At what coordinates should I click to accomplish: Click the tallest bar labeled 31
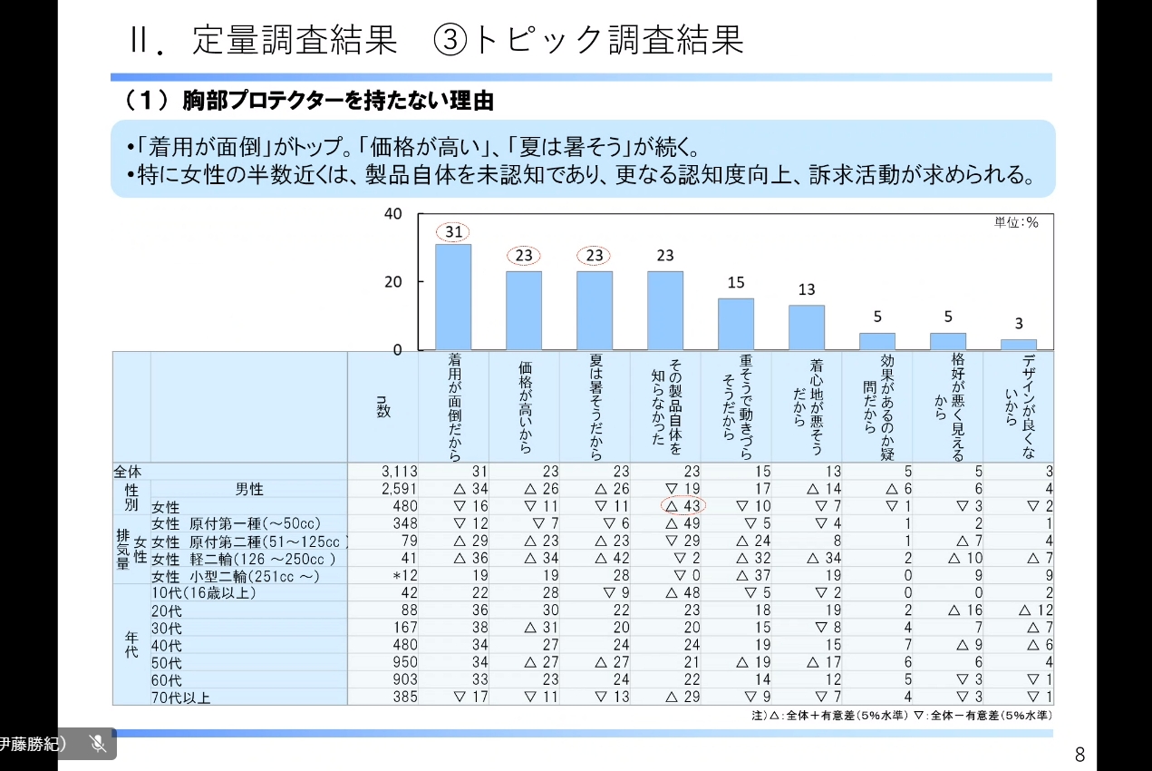pyautogui.click(x=453, y=297)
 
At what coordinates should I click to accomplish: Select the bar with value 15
pyautogui.click(x=736, y=324)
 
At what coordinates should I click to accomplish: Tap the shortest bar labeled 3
pyautogui.click(x=1019, y=344)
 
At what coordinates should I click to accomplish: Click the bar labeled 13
pyautogui.click(x=807, y=327)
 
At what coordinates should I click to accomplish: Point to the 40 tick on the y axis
pyautogui.click(x=392, y=214)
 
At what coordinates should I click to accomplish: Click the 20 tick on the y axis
pyautogui.click(x=392, y=282)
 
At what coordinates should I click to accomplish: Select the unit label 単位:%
pyautogui.click(x=1016, y=223)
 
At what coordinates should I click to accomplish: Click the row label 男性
pyautogui.click(x=249, y=489)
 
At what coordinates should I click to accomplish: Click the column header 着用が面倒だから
pyautogui.click(x=454, y=407)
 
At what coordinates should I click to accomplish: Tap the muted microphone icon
pyautogui.click(x=98, y=744)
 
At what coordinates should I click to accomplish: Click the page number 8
pyautogui.click(x=1079, y=754)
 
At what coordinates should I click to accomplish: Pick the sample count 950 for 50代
pyautogui.click(x=403, y=662)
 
